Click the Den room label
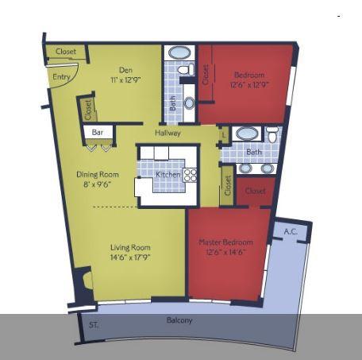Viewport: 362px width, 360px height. (x=126, y=70)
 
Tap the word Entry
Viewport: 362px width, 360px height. (x=60, y=77)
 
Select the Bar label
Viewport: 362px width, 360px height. (x=97, y=132)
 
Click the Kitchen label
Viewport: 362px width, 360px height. (x=168, y=174)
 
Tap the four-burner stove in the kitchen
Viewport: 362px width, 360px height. (x=191, y=175)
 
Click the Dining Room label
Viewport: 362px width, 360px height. (x=98, y=174)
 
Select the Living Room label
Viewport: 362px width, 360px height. (x=130, y=248)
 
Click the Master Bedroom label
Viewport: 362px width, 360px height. (x=225, y=242)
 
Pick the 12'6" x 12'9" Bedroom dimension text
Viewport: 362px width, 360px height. (x=249, y=84)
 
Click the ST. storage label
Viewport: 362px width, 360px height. (x=94, y=324)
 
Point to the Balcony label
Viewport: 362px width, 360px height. (x=179, y=320)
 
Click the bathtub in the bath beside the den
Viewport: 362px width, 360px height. (x=180, y=53)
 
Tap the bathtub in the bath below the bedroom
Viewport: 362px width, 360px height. (x=247, y=133)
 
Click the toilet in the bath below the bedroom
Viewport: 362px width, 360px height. (x=272, y=135)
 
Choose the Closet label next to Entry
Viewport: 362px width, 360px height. (x=66, y=52)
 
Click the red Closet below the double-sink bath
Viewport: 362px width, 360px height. (x=255, y=191)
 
